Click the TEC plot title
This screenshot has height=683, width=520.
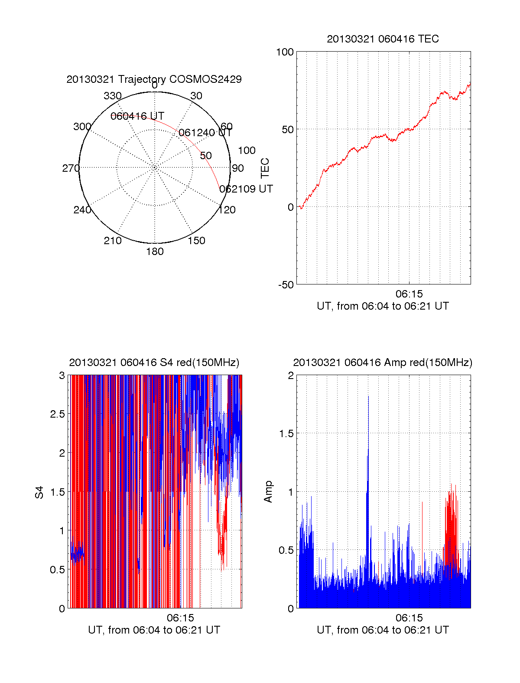coord(383,39)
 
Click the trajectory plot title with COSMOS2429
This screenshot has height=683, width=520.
coord(154,79)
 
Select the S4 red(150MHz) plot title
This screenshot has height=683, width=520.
coord(154,363)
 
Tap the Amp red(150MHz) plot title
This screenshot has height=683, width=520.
coord(383,363)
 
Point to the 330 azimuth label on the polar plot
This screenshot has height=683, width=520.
coord(112,96)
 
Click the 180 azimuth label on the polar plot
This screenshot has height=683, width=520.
coord(155,252)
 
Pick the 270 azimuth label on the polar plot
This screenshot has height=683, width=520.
coord(71,168)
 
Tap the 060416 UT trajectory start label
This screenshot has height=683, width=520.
coord(137,116)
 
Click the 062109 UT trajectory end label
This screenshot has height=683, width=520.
coord(246,189)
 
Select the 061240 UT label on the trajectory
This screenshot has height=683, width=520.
coord(205,133)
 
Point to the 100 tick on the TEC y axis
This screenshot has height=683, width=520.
coord(285,52)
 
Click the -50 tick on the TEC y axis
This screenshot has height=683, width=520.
coord(286,285)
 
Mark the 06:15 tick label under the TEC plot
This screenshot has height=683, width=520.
coord(409,294)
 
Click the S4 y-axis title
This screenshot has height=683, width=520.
coord(39,492)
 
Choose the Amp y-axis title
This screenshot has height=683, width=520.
coord(268,492)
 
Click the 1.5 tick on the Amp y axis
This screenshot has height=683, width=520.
coord(286,434)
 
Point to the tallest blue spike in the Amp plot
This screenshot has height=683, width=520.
coord(368,397)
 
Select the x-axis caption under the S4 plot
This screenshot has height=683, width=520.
coord(154,630)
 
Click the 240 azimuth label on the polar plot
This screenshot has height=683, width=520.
coord(82,210)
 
